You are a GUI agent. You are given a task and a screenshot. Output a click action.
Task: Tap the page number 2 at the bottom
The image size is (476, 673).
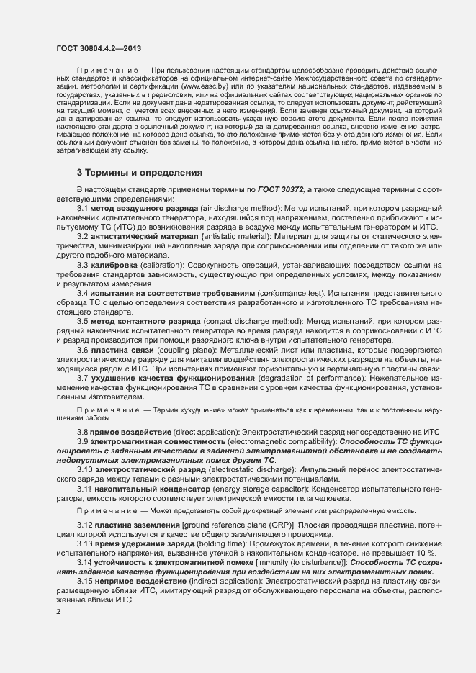(x=58, y=612)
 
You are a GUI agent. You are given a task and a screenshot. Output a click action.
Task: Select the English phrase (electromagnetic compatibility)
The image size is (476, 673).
(x=282, y=441)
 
